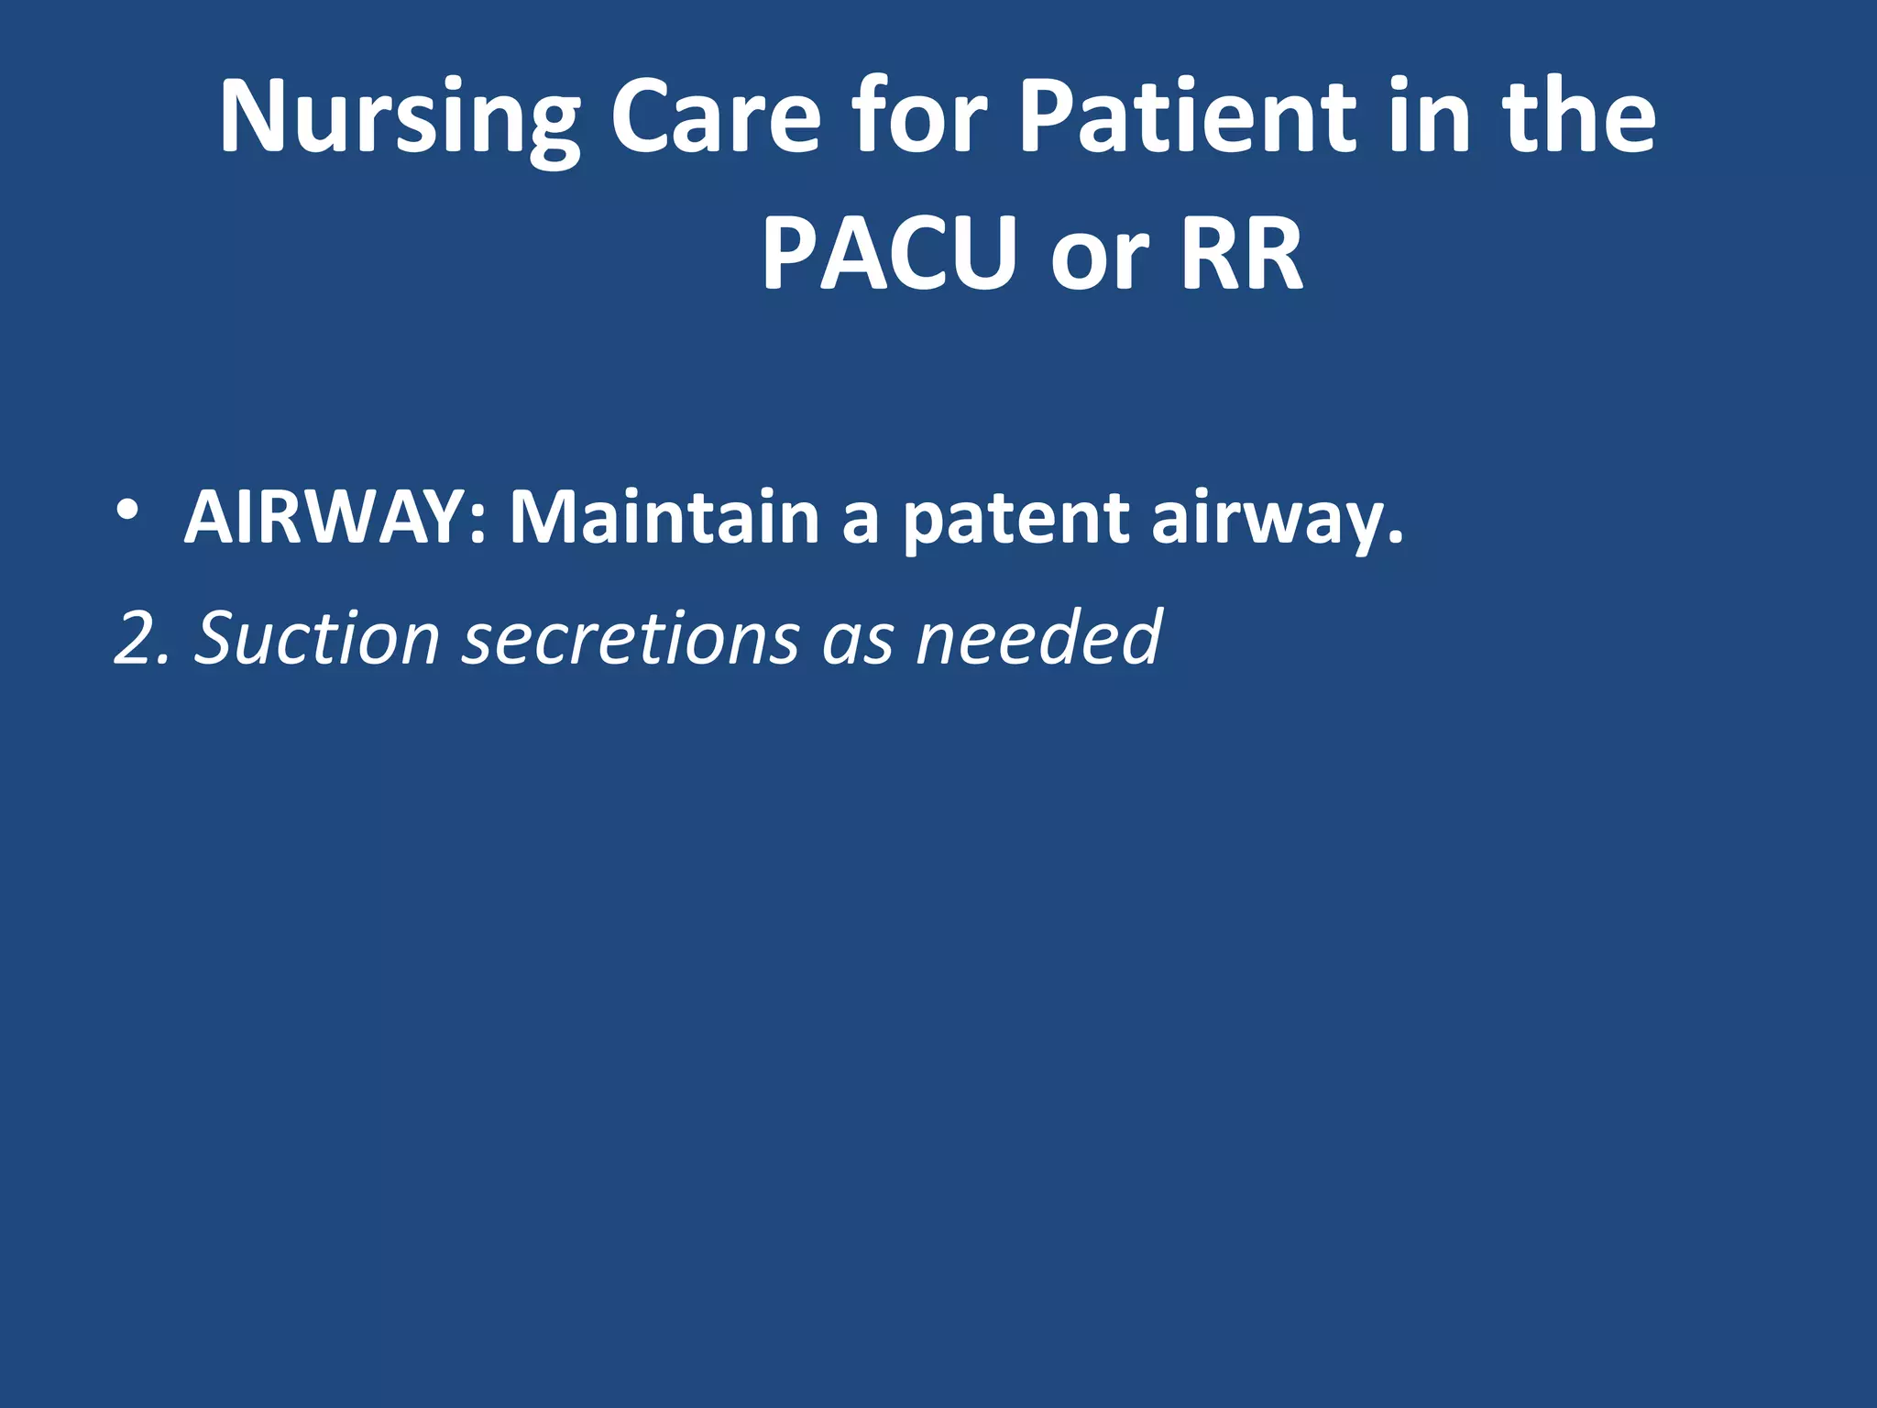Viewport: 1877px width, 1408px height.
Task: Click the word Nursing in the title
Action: tap(400, 119)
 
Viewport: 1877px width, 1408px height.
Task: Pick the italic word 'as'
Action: tap(858, 642)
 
